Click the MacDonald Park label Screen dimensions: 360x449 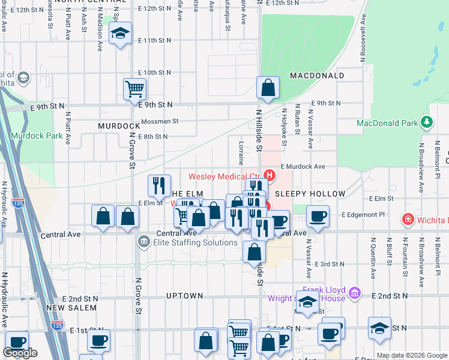pyautogui.click(x=387, y=123)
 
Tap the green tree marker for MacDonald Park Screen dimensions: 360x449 pyautogui.click(x=427, y=123)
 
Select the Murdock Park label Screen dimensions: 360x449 pyautogui.click(x=40, y=136)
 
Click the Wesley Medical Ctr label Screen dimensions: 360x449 pyautogui.click(x=225, y=176)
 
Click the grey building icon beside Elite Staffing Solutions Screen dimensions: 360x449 pyautogui.click(x=144, y=242)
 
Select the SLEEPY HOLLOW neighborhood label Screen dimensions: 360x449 pyautogui.click(x=310, y=194)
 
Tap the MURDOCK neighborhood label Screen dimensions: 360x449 pyautogui.click(x=119, y=126)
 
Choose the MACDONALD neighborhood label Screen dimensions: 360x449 pyautogui.click(x=317, y=76)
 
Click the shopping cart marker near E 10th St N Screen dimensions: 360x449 pyautogui.click(x=135, y=89)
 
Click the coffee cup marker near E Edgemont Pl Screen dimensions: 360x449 pyautogui.click(x=318, y=216)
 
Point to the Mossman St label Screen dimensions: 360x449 pyautogui.click(x=160, y=121)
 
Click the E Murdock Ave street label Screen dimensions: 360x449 pyautogui.click(x=301, y=167)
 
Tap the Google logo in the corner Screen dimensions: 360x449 pyautogui.click(x=20, y=353)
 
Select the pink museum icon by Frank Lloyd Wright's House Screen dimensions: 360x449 pyautogui.click(x=355, y=292)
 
